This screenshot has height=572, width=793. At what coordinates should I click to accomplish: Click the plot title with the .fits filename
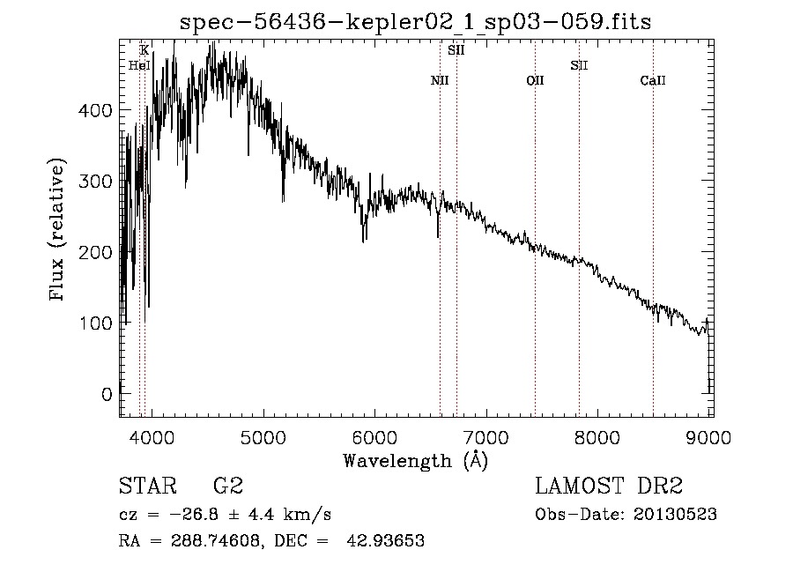pyautogui.click(x=415, y=21)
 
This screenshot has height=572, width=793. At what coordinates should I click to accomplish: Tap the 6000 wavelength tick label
pyautogui.click(x=374, y=438)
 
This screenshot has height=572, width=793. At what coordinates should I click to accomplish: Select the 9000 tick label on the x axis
pyautogui.click(x=708, y=438)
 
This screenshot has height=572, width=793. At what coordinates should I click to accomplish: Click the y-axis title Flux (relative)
pyautogui.click(x=58, y=231)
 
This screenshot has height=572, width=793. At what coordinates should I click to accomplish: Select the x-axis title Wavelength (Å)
pyautogui.click(x=415, y=460)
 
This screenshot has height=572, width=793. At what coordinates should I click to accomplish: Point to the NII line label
pyautogui.click(x=440, y=81)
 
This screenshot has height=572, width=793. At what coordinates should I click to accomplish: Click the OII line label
pyautogui.click(x=535, y=81)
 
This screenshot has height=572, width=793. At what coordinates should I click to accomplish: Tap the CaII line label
pyautogui.click(x=652, y=81)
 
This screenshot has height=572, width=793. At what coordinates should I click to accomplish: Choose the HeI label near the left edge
pyautogui.click(x=139, y=65)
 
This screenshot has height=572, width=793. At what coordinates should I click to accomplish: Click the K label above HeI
pyautogui.click(x=145, y=50)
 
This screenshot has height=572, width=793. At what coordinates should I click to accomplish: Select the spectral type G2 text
pyautogui.click(x=227, y=487)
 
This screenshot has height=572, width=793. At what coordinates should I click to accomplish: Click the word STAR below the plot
pyautogui.click(x=147, y=487)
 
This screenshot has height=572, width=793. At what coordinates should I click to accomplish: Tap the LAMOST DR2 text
pyautogui.click(x=609, y=487)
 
